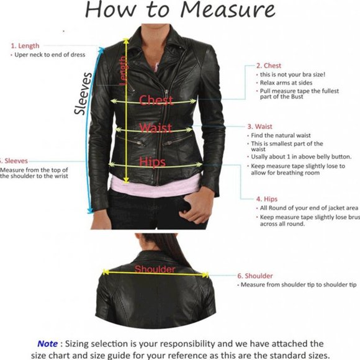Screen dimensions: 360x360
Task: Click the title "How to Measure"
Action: (179, 11)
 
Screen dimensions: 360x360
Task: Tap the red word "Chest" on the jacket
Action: (156, 101)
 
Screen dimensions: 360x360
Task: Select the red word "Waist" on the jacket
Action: (156, 128)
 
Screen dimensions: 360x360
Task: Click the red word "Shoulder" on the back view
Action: (155, 269)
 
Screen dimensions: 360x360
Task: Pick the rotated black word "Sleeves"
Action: (84, 93)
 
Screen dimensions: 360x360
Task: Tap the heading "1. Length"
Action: (24, 45)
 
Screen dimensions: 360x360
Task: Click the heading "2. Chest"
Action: (268, 65)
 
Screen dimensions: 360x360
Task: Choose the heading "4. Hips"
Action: (267, 199)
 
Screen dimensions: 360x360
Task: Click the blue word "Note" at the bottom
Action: (48, 343)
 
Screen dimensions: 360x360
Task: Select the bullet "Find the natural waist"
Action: (280, 135)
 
